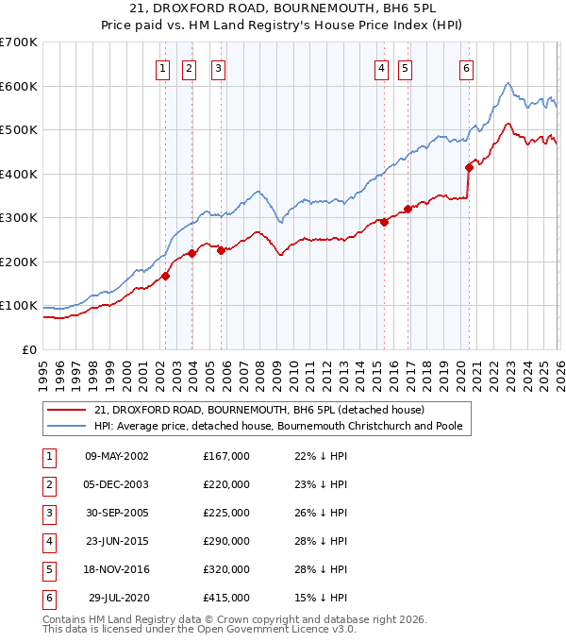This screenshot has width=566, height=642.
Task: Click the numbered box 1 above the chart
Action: click(163, 67)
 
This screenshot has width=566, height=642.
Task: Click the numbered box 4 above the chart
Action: click(381, 67)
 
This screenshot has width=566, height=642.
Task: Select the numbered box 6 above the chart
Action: click(466, 67)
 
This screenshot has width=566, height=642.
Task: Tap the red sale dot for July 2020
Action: click(469, 168)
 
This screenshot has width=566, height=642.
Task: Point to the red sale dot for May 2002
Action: click(165, 277)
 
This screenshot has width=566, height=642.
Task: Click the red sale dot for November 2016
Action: click(408, 210)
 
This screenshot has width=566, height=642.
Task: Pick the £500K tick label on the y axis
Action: click(18, 130)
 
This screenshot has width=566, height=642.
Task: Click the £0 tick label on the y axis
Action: click(29, 349)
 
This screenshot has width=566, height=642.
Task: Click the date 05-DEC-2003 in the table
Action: click(116, 484)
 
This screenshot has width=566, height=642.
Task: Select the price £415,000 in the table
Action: click(226, 598)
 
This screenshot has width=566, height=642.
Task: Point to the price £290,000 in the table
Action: click(226, 541)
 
